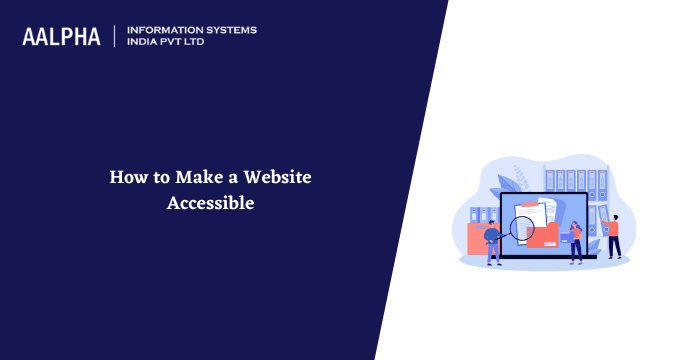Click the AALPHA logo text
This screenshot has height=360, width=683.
pyautogui.click(x=61, y=36)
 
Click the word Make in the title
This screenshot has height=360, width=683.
pyautogui.click(x=196, y=178)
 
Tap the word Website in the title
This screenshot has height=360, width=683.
pyautogui.click(x=277, y=178)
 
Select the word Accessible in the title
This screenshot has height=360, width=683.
pyautogui.click(x=211, y=202)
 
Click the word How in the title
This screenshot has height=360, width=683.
pyautogui.click(x=127, y=178)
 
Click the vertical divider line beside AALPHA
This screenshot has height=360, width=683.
pyautogui.click(x=116, y=36)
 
